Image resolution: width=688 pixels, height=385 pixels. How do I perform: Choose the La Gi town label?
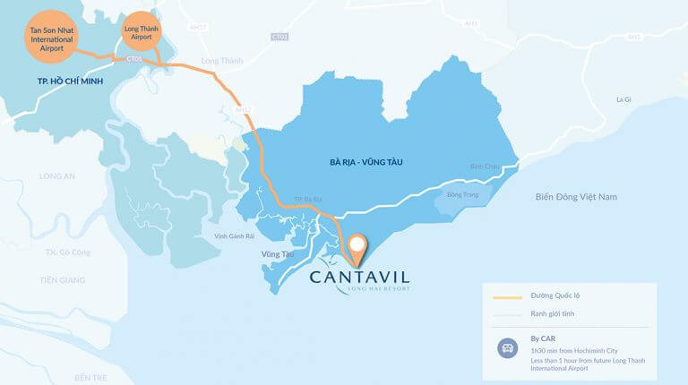[623, 100]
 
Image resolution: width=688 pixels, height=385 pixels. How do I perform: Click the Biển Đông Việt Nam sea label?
[577, 196]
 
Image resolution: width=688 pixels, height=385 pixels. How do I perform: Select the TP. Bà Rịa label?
[308, 199]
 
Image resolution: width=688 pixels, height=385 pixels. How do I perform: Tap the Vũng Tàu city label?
[278, 255]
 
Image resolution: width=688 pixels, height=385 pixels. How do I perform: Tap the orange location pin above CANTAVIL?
[357, 248]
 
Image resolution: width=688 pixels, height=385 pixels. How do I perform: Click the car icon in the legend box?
[505, 349]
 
